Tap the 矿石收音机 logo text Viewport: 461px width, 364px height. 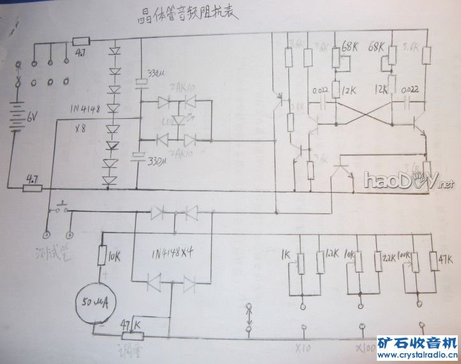[x=418, y=342]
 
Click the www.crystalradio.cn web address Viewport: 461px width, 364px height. [x=417, y=355]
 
